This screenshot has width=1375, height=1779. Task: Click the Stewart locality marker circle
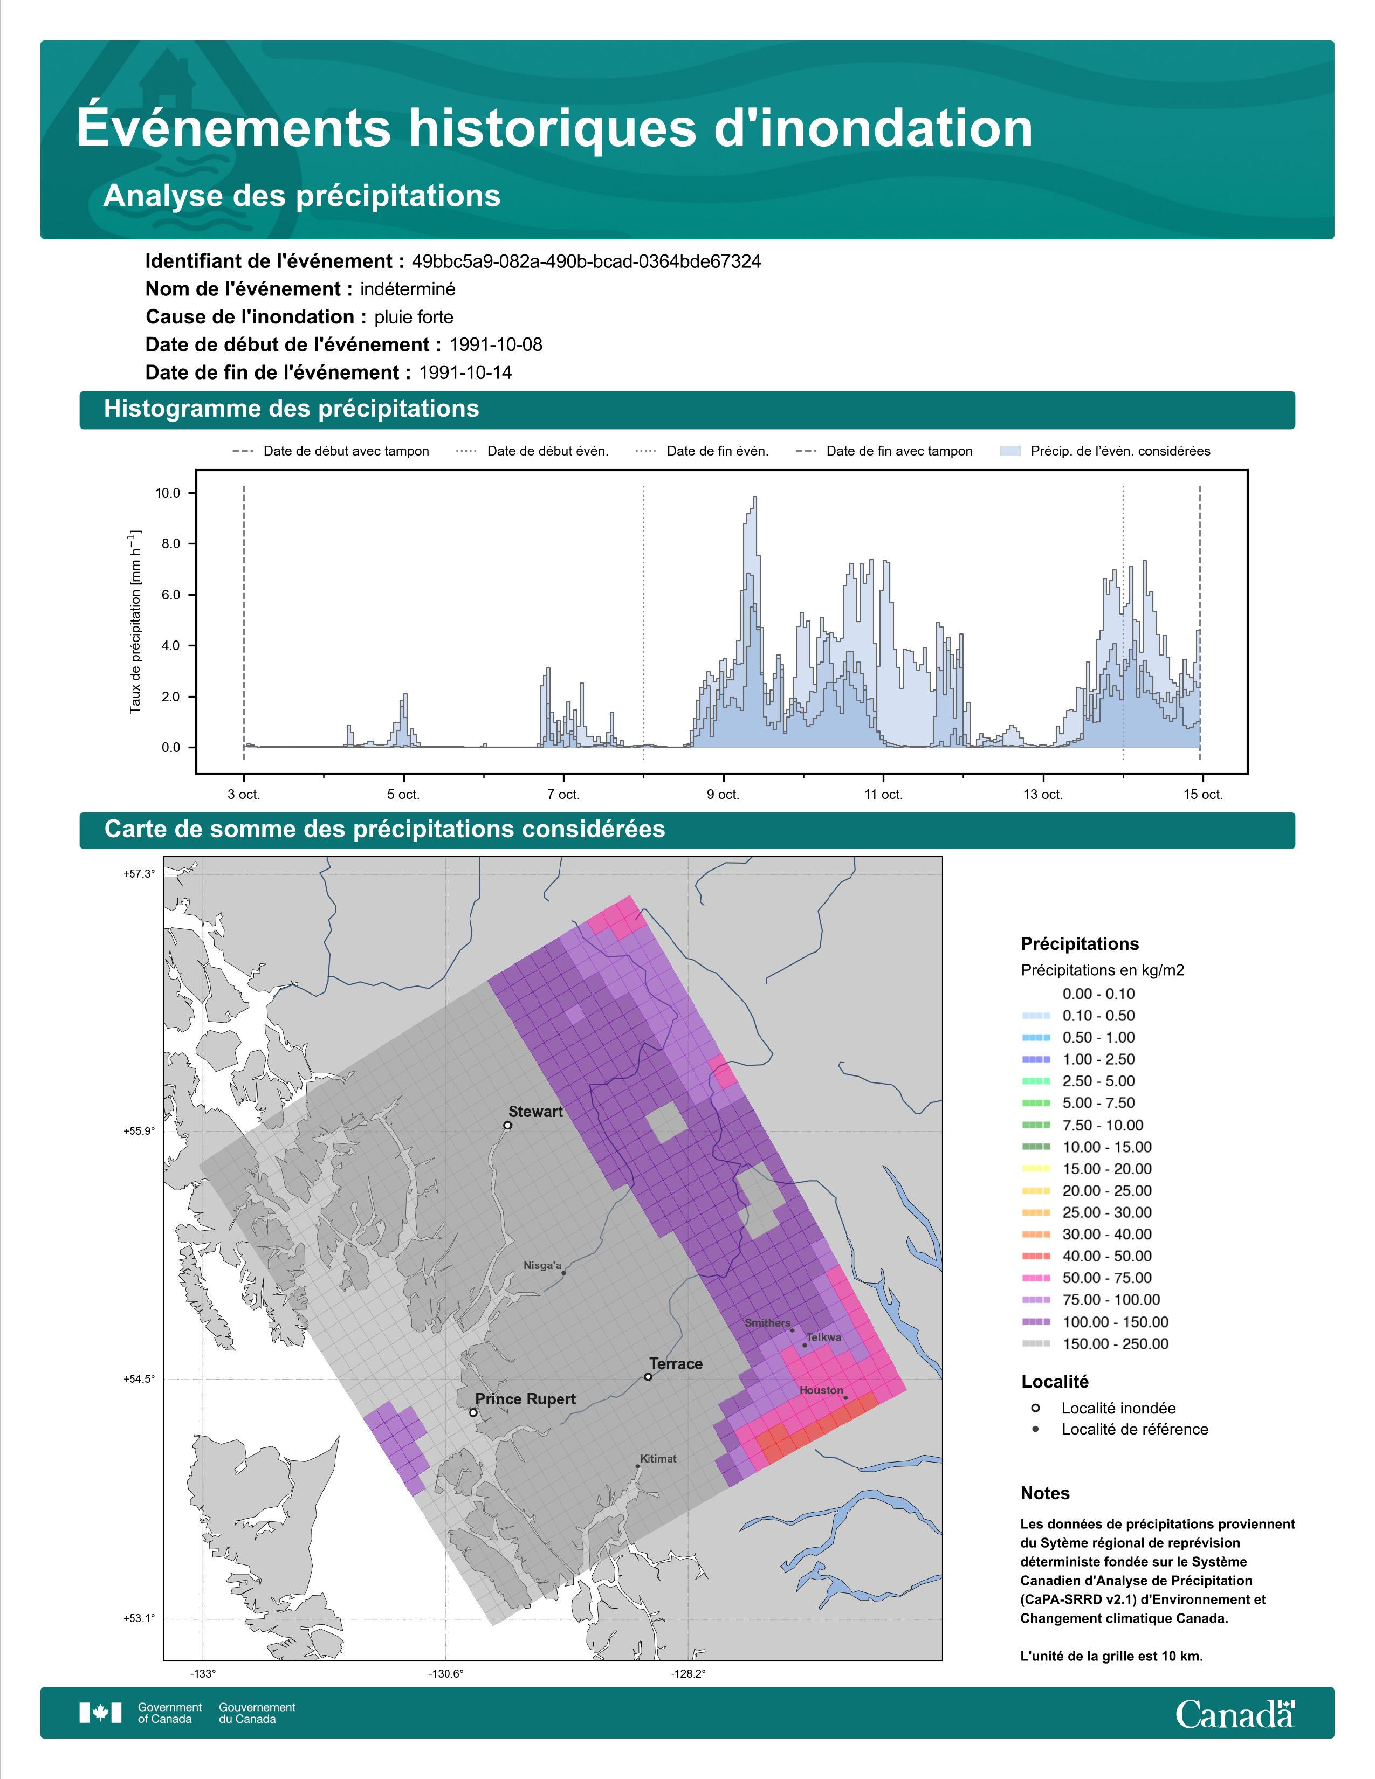click(x=507, y=1126)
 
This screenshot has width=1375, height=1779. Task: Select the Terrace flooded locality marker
click(x=648, y=1377)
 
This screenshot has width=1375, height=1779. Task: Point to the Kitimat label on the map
click(x=658, y=1458)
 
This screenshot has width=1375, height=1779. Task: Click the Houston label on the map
click(x=821, y=1390)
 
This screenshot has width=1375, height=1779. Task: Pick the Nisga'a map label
click(x=542, y=1265)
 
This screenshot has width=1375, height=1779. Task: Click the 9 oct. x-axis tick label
click(x=723, y=794)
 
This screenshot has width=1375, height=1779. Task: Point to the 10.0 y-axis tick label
click(x=168, y=493)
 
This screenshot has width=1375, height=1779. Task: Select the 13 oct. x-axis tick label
click(x=1043, y=794)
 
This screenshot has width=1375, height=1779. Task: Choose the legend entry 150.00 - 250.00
click(x=1095, y=1343)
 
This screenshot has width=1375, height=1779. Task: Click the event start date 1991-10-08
click(x=495, y=344)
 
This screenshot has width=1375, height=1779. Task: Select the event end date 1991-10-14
click(x=465, y=373)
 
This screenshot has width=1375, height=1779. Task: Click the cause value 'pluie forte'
click(x=414, y=317)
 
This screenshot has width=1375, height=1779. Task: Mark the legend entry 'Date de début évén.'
click(x=533, y=451)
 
